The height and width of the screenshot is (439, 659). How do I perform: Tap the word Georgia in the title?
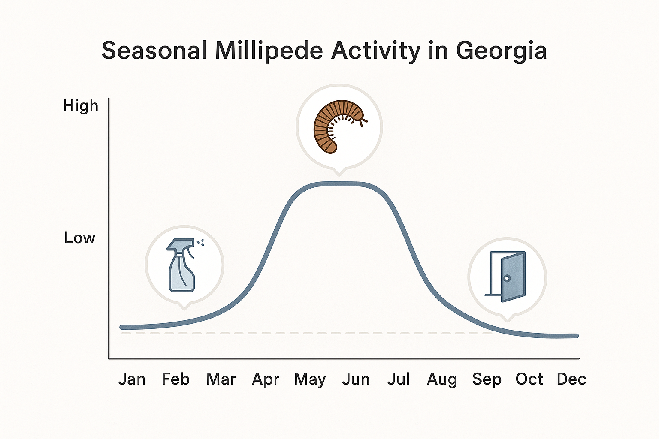[x=501, y=51]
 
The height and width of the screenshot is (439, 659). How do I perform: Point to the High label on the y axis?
[x=81, y=106]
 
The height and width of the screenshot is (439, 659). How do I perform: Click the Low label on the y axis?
[x=79, y=238]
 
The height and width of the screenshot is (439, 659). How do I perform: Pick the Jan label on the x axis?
[x=132, y=379]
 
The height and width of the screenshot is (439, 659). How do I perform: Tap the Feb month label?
[x=175, y=379]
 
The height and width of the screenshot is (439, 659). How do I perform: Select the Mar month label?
[x=221, y=379]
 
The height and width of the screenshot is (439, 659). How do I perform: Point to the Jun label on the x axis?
[x=356, y=379]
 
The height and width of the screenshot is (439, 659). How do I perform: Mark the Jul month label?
[x=399, y=379]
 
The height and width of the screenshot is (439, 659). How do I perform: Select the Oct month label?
[x=529, y=379]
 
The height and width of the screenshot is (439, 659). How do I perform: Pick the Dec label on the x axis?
[x=571, y=379]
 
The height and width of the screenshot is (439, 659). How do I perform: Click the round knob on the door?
[x=507, y=278]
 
